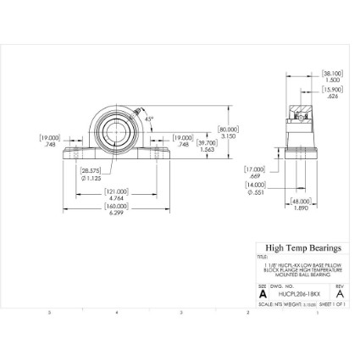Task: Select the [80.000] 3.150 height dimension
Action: pyautogui.click(x=229, y=131)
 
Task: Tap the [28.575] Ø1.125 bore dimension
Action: pyautogui.click(x=91, y=174)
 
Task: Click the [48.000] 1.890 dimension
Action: pyautogui.click(x=300, y=205)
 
